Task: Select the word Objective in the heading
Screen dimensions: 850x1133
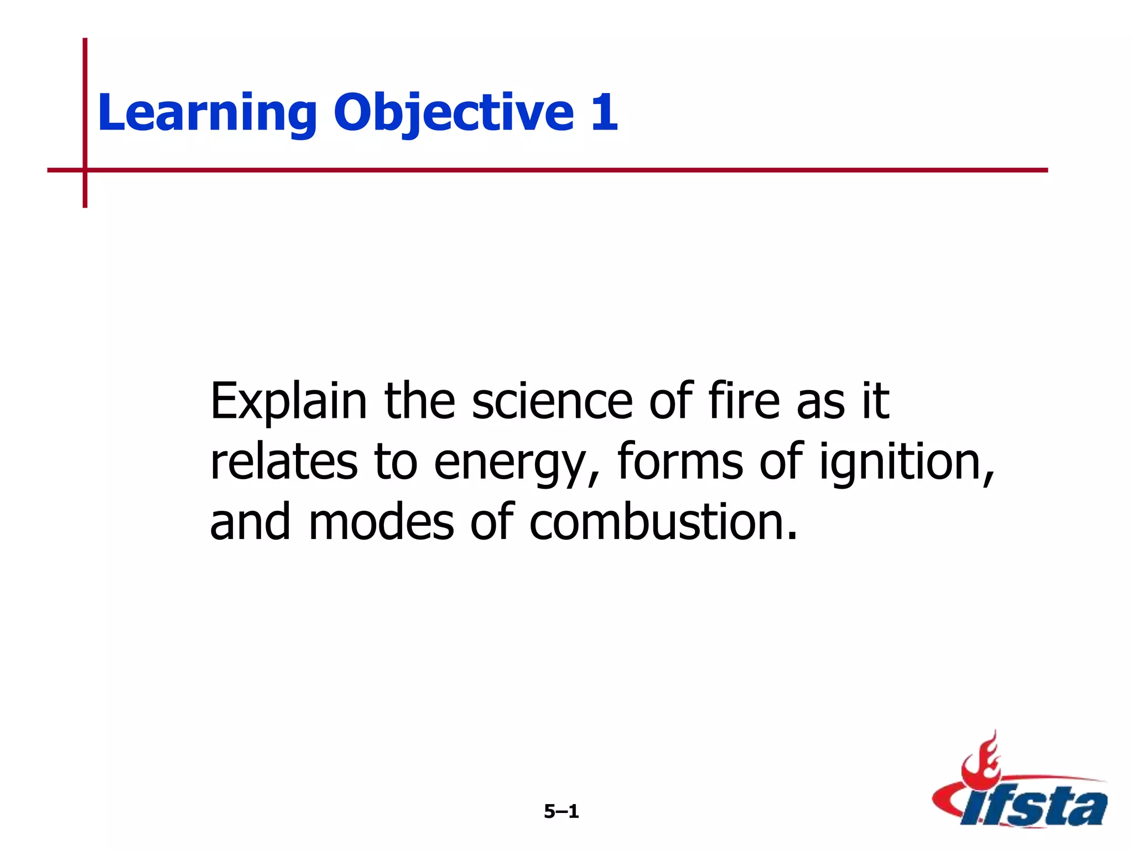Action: [x=454, y=113]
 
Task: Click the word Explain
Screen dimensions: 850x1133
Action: [x=288, y=402]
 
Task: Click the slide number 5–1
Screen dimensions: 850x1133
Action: [x=561, y=811]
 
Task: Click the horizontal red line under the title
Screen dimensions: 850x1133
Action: [x=553, y=170]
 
